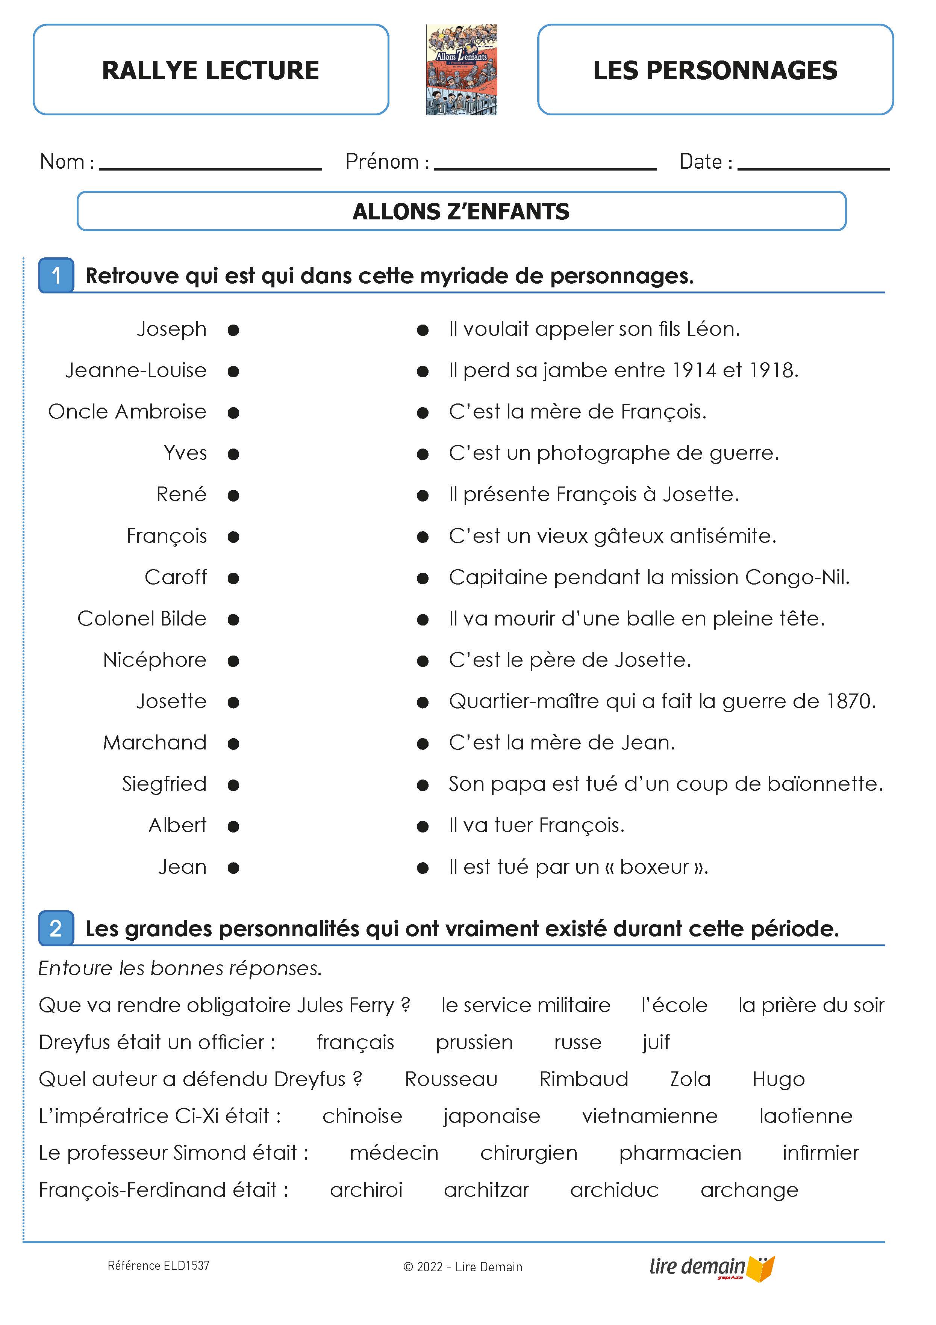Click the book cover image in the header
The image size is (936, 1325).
tap(461, 70)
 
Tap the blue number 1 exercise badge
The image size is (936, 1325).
tap(56, 275)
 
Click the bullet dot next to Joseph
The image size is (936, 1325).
tap(233, 330)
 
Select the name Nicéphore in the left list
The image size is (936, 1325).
tap(155, 660)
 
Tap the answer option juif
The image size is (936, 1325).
tap(656, 1042)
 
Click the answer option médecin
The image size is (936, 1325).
tap(394, 1153)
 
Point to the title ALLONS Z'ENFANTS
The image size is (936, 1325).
tap(461, 212)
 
